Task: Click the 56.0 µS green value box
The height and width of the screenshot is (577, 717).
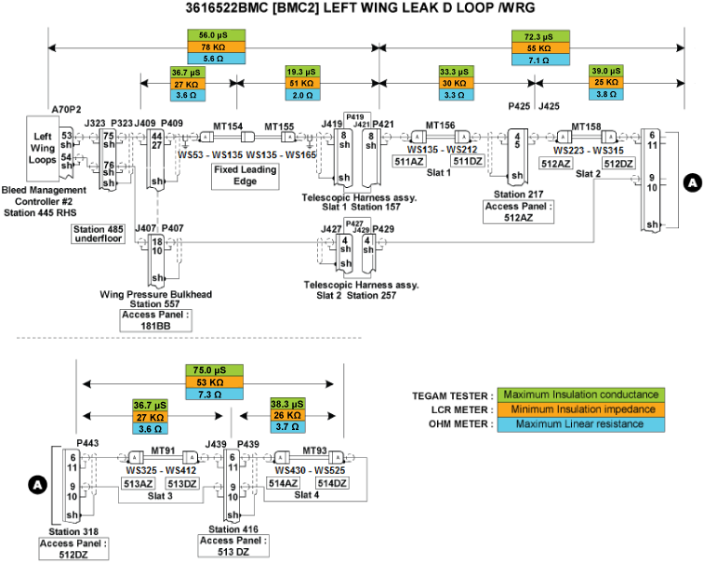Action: coord(215,34)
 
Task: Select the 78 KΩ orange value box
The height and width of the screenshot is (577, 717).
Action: coord(215,46)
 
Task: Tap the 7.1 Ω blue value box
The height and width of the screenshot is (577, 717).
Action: coord(539,59)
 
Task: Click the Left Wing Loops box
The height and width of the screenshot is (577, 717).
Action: coord(41,148)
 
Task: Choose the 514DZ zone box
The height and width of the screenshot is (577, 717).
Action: coord(333,483)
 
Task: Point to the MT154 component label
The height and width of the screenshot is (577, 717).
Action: coord(228,126)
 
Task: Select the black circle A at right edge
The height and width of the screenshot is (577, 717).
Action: coord(692,183)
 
